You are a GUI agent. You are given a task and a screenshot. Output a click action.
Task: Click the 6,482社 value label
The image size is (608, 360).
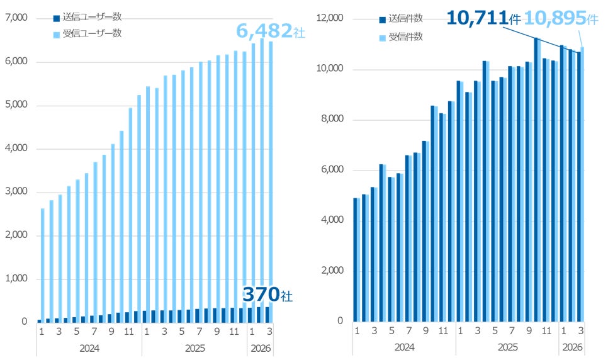271,31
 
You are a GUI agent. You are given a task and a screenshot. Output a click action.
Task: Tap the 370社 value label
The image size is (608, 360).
267,295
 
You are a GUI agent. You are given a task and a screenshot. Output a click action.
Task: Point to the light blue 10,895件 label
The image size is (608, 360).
561,18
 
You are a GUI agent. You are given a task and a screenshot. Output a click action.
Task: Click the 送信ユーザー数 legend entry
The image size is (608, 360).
87,17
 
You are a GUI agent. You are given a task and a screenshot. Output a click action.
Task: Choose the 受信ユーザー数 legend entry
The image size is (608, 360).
87,33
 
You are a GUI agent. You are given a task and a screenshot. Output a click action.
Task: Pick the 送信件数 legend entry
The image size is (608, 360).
401,18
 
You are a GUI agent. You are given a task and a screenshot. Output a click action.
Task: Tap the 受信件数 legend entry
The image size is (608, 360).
401,37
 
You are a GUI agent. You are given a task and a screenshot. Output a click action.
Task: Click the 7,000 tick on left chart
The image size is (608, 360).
16,18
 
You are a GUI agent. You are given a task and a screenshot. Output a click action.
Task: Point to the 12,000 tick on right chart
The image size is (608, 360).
330,18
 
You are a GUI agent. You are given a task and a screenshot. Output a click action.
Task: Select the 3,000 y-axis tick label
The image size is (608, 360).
16,191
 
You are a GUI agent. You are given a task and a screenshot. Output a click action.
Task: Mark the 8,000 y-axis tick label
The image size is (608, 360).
332,119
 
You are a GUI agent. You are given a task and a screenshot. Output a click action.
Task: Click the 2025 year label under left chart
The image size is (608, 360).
194,349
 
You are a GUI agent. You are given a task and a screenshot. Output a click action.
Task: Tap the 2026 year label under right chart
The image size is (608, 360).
572,347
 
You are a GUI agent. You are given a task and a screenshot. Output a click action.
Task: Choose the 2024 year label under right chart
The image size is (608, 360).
405,347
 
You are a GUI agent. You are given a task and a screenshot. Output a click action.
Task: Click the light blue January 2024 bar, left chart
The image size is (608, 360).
43,266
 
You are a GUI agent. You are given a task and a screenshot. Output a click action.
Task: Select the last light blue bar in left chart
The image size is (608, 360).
271,182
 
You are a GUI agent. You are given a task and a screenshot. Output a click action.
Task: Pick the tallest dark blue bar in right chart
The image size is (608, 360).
536,179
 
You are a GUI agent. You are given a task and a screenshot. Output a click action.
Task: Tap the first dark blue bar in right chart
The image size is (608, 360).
355,260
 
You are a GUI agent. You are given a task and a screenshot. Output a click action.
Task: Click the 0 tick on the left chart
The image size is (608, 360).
25,322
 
